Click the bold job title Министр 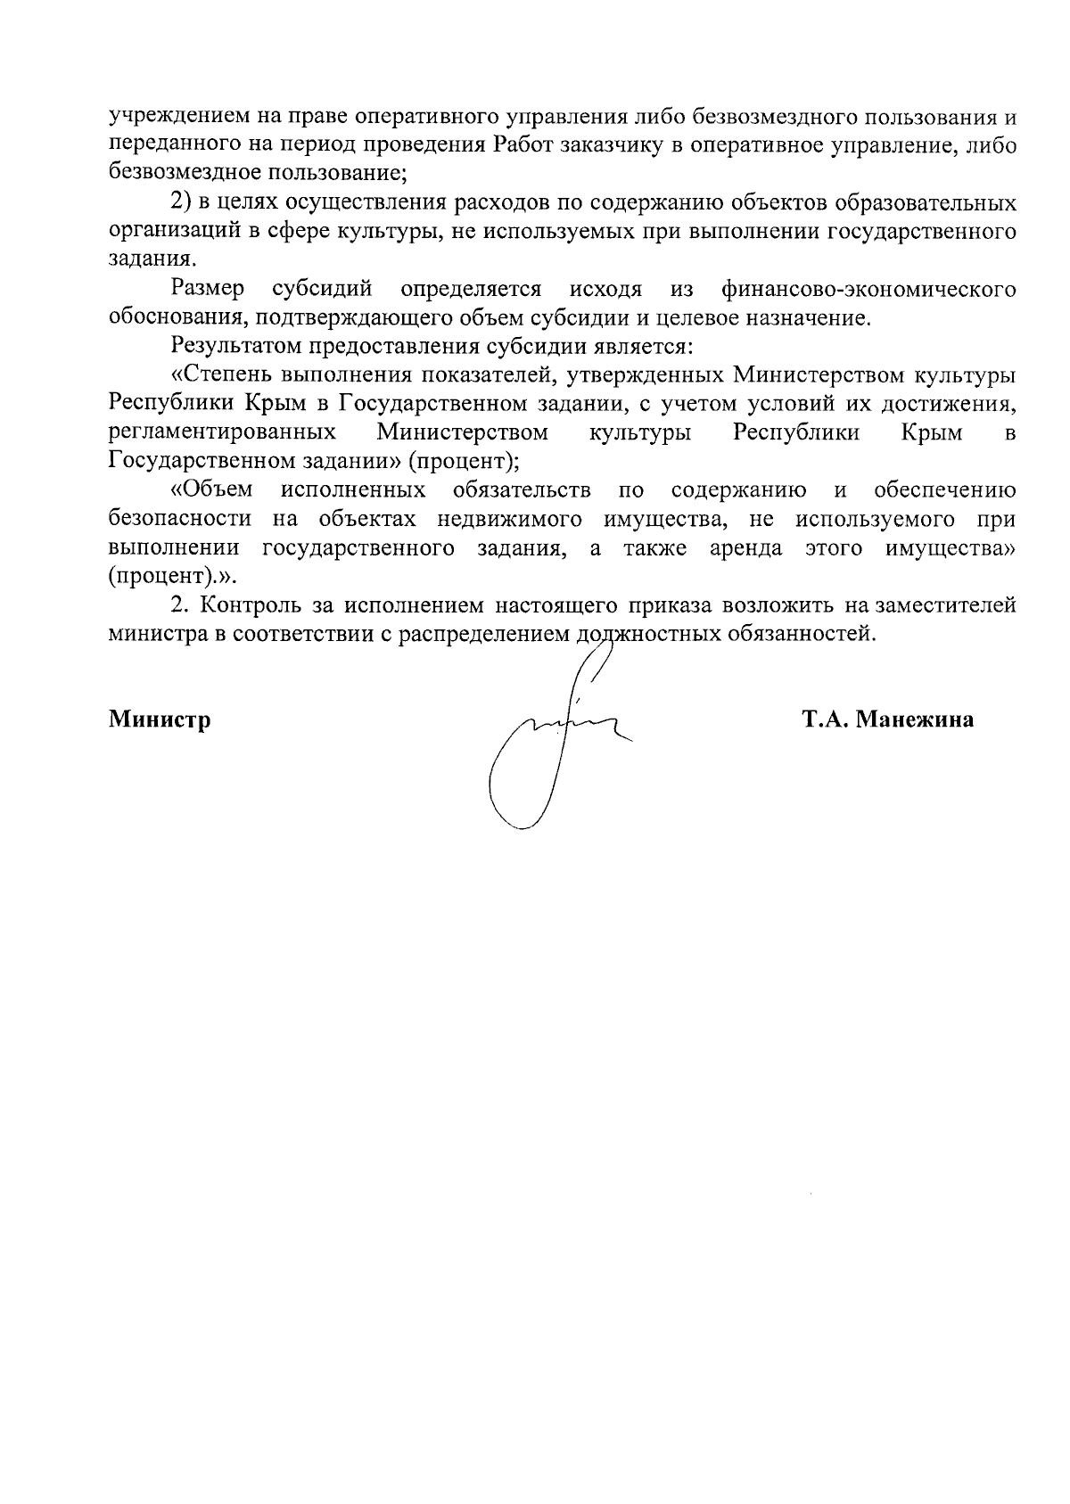(x=160, y=720)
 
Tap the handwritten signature (x=553, y=740)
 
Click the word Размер (x=209, y=289)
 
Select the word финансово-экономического (x=869, y=289)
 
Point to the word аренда (x=746, y=547)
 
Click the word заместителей (x=945, y=606)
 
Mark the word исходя (x=605, y=289)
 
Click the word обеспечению (x=945, y=490)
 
